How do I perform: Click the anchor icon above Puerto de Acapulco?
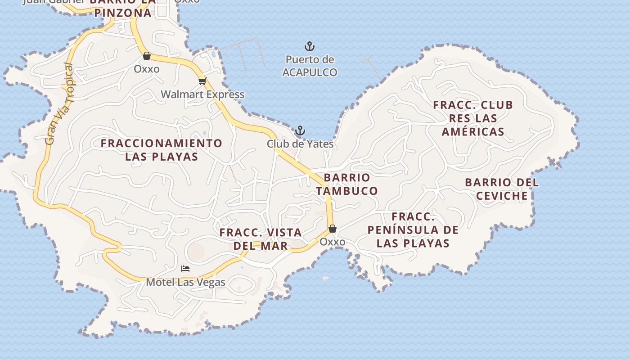pyautogui.click(x=310, y=46)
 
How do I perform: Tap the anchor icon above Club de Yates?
pyautogui.click(x=300, y=131)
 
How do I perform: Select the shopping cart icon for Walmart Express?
pyautogui.click(x=202, y=81)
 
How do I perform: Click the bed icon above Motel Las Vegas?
pyautogui.click(x=185, y=269)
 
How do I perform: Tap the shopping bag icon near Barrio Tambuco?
pyautogui.click(x=333, y=229)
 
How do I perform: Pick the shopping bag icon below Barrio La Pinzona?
pyautogui.click(x=146, y=56)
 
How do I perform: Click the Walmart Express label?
pyautogui.click(x=202, y=94)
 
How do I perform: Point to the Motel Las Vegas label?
pyautogui.click(x=185, y=283)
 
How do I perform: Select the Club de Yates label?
pyautogui.click(x=300, y=144)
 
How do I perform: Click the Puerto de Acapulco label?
pyautogui.click(x=310, y=66)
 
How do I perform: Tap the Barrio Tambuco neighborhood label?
pyautogui.click(x=346, y=184)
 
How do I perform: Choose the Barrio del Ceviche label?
pyautogui.click(x=502, y=189)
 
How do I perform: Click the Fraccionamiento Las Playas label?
pyautogui.click(x=162, y=150)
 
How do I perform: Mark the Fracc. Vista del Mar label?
pyautogui.click(x=261, y=239)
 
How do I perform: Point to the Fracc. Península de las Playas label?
pyautogui.click(x=413, y=230)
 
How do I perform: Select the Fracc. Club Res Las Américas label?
pyautogui.click(x=473, y=118)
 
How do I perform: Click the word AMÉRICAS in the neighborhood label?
pyautogui.click(x=473, y=132)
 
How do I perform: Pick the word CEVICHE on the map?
pyautogui.click(x=502, y=196)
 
